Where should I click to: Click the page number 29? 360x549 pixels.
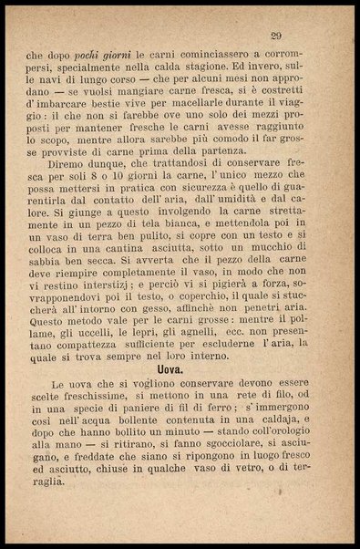coord(275,36)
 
